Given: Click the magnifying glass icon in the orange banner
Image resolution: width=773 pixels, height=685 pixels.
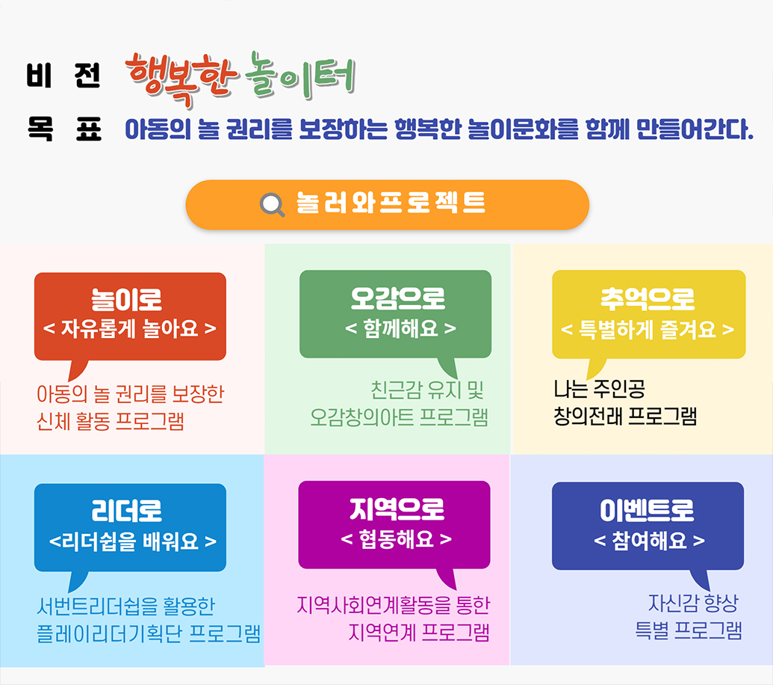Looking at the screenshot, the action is (273, 205).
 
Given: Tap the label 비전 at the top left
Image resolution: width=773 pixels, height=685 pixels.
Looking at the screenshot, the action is (63, 76).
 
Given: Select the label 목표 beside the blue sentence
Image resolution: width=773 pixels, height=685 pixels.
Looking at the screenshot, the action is (64, 129).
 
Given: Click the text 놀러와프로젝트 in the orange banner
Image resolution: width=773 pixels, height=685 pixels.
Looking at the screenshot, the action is (391, 203).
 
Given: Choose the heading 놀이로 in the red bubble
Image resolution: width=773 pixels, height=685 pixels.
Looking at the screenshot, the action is (127, 299).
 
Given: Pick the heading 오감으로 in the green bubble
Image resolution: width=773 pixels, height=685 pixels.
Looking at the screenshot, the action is (398, 298).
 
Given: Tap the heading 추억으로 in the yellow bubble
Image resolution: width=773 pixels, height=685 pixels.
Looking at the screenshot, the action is (648, 298).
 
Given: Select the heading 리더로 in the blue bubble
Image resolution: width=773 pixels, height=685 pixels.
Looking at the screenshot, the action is (127, 511).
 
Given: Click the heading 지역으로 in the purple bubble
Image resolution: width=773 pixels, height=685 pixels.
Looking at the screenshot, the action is (397, 509).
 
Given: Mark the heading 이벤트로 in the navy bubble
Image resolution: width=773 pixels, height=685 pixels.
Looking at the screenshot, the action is (647, 510).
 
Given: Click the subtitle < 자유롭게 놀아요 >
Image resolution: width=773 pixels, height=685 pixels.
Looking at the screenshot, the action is (130, 328).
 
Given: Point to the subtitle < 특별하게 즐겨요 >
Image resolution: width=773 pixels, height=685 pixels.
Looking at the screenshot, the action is (648, 329).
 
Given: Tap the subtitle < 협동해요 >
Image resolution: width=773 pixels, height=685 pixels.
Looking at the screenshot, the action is (397, 538).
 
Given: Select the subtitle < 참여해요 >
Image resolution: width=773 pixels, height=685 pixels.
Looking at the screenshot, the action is (649, 541).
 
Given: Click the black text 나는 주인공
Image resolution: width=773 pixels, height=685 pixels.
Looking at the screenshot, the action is (600, 389).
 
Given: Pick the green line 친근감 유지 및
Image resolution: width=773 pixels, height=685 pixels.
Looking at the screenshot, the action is (427, 390).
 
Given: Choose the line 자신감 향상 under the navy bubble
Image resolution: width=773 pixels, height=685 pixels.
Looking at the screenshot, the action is (693, 603).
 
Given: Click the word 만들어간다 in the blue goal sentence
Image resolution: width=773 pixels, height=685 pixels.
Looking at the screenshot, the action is (695, 129).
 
